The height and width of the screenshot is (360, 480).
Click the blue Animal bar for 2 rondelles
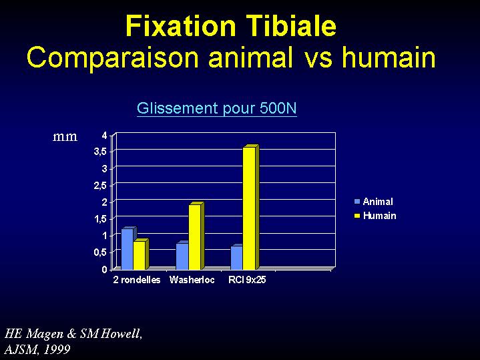point(128,248)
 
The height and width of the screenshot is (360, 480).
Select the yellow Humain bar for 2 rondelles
point(140,255)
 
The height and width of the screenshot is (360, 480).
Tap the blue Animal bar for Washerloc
point(182,256)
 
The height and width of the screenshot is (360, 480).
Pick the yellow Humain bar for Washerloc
point(195,236)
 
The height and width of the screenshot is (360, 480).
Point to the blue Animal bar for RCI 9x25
point(236,257)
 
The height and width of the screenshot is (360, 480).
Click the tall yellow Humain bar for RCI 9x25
point(249,208)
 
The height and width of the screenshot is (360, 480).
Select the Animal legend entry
point(373,202)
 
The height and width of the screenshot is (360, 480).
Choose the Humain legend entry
point(375,216)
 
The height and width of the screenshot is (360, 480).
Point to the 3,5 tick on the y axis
point(101,152)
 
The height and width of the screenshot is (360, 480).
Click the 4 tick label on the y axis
point(105,135)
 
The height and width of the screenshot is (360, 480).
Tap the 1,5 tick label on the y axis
point(101,219)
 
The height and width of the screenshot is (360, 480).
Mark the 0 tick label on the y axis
point(105,269)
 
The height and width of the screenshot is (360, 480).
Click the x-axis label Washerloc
point(192,280)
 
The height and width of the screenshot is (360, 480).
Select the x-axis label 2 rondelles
point(137,280)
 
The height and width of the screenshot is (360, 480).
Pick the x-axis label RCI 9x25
point(247,280)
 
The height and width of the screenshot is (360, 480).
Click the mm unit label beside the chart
point(65,137)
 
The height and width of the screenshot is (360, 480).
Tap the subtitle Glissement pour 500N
point(217,108)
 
